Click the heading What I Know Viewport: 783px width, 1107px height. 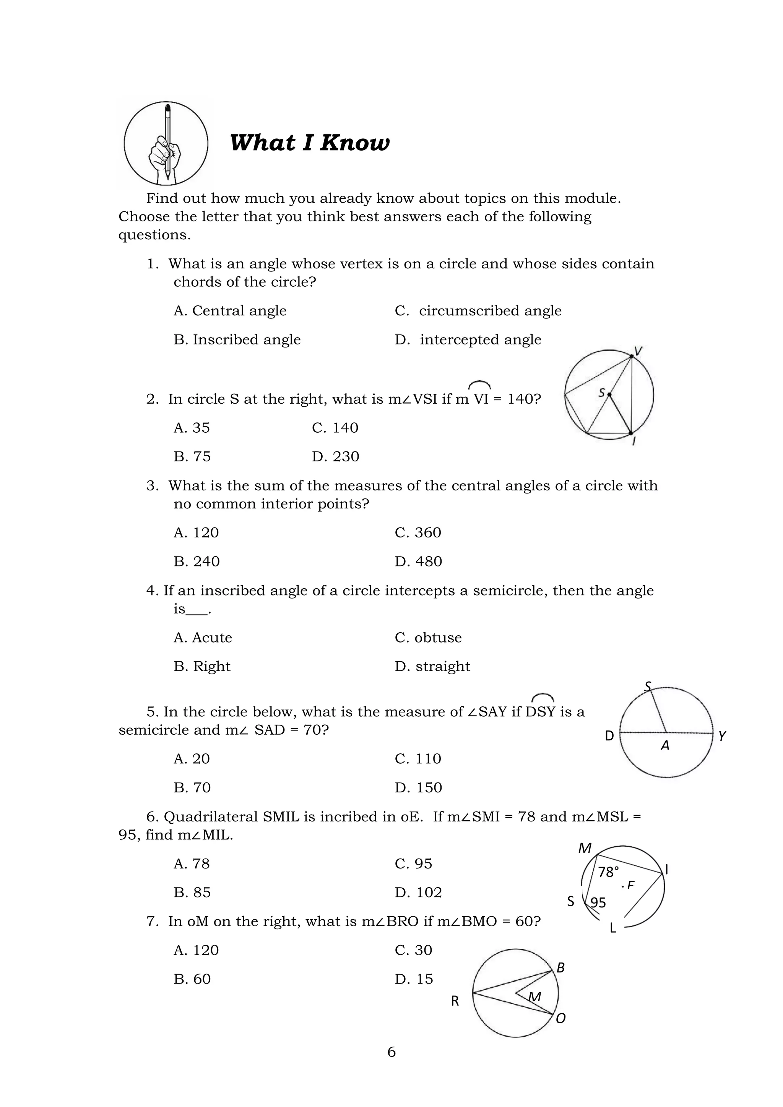pos(309,143)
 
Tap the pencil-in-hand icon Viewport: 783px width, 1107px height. pos(166,143)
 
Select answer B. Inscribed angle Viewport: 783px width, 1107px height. pos(237,340)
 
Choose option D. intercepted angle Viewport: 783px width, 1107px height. pos(468,340)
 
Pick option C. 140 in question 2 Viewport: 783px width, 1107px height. pos(335,428)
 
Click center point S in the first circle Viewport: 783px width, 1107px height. pos(609,394)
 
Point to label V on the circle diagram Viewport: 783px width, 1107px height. pos(638,352)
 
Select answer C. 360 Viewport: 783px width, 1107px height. pos(417,533)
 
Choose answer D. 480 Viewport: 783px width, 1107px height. pos(418,562)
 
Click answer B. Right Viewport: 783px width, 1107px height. pos(202,666)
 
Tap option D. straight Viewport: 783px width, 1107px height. pos(432,666)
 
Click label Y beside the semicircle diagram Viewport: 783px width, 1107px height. pos(722,736)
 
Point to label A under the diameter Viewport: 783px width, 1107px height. pos(665,746)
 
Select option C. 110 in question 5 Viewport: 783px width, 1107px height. pos(417,759)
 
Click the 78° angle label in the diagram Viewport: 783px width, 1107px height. pos(608,872)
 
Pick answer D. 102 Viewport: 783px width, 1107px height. pos(418,893)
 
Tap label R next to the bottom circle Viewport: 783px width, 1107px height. pos(455,1001)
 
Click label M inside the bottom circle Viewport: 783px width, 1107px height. pos(535,996)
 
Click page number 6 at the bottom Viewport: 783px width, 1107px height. pos(391,1052)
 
